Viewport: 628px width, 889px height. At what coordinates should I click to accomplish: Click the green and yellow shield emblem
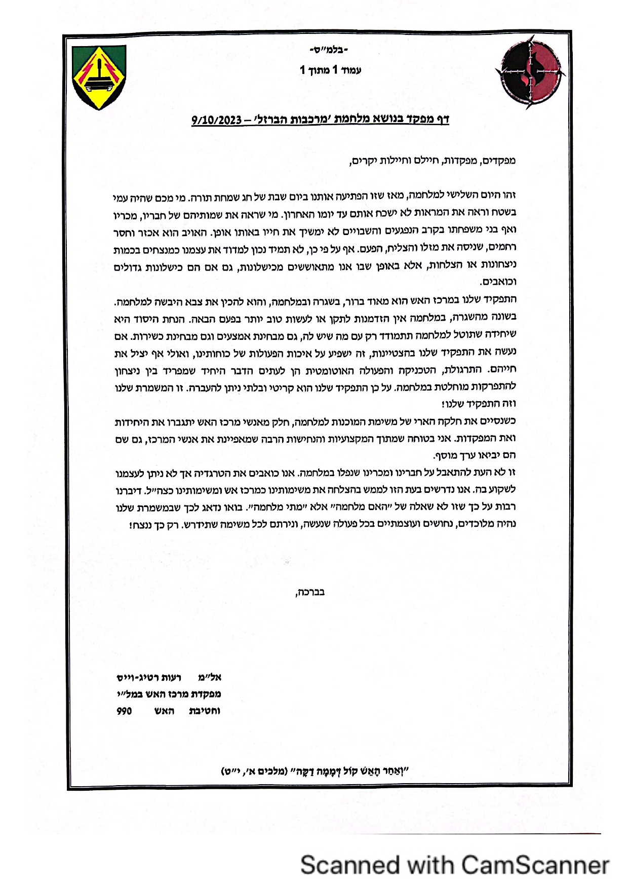coord(99,77)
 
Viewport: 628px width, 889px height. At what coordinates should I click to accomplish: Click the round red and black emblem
coord(529,71)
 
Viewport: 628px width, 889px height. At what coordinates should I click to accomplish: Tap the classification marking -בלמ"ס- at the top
coord(329,50)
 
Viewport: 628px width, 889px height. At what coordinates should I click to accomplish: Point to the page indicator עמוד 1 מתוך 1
coord(330,70)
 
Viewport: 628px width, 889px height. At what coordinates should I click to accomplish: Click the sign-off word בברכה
coord(310,592)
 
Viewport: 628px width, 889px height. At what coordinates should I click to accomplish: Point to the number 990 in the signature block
coord(124,711)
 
